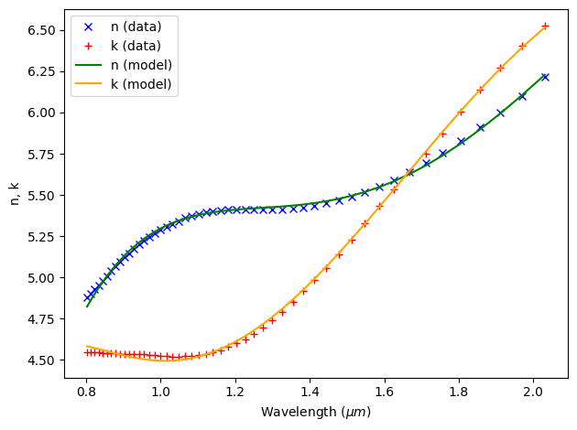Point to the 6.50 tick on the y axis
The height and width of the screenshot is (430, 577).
(x=43, y=30)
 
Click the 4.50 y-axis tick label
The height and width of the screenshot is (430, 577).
(x=43, y=360)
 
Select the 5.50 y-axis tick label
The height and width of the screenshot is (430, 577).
(x=43, y=196)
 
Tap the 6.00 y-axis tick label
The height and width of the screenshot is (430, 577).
(x=43, y=113)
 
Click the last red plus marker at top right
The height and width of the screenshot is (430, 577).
(x=545, y=26)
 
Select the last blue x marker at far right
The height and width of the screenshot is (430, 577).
(x=545, y=77)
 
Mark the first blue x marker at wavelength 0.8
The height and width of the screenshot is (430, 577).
(x=87, y=297)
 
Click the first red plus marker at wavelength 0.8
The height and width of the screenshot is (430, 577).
(x=87, y=352)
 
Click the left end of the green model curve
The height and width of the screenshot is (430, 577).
(x=87, y=306)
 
